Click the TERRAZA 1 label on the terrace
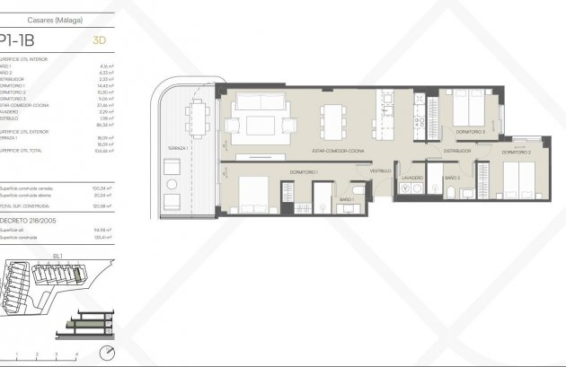pyautogui.click(x=175, y=146)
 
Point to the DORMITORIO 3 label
pyautogui.click(x=470, y=132)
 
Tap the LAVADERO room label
pyautogui.click(x=411, y=178)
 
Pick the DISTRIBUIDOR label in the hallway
pyautogui.click(x=457, y=151)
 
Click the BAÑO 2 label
pyautogui.click(x=452, y=178)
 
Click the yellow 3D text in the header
pyautogui.click(x=100, y=39)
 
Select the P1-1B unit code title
pyautogui.click(x=21, y=39)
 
